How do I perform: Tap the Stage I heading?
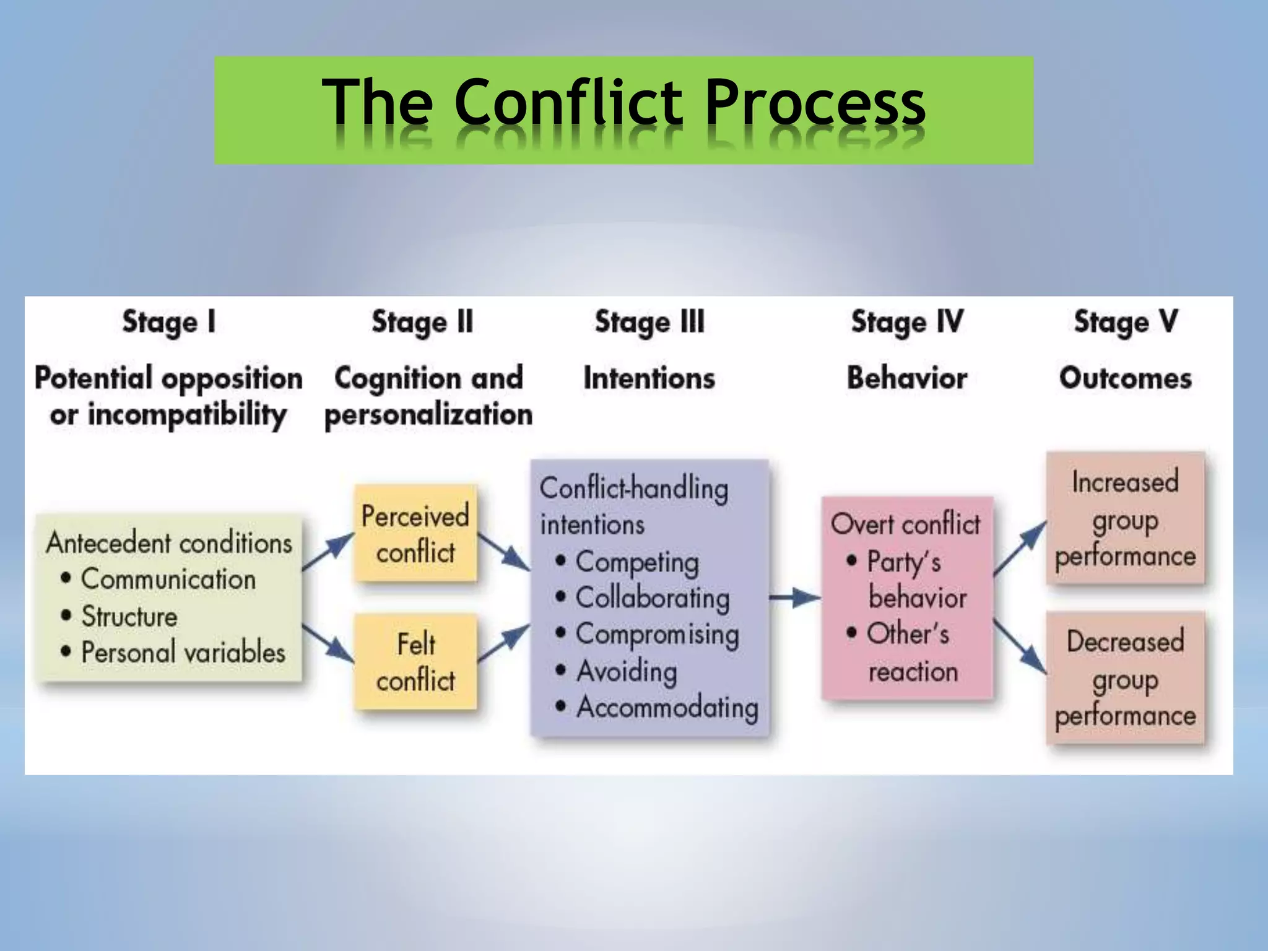pyautogui.click(x=168, y=323)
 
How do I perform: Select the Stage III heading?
pyautogui.click(x=649, y=323)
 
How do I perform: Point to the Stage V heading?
pyautogui.click(x=1125, y=323)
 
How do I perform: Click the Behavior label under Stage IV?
pyautogui.click(x=906, y=378)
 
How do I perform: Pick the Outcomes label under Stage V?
pyautogui.click(x=1125, y=378)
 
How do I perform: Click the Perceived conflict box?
pyautogui.click(x=415, y=534)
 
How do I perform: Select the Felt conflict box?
pyautogui.click(x=415, y=661)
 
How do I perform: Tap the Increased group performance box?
pyautogui.click(x=1125, y=519)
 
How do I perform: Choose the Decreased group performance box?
pyautogui.click(x=1125, y=678)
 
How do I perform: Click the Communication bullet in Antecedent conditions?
pyautogui.click(x=168, y=580)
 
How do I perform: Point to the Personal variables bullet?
pyautogui.click(x=183, y=653)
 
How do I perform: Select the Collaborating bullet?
pyautogui.click(x=652, y=598)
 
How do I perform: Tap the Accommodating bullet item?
pyautogui.click(x=667, y=708)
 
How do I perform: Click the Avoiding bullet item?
pyautogui.click(x=626, y=671)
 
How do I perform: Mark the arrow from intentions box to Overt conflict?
pyautogui.click(x=794, y=598)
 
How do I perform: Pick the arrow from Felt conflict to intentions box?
pyautogui.click(x=503, y=644)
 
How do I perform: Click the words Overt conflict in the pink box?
pyautogui.click(x=905, y=524)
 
